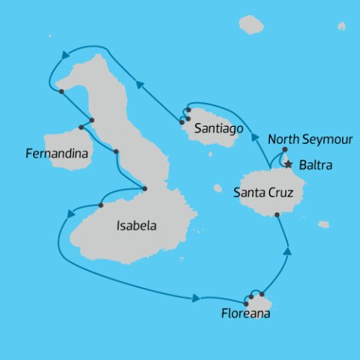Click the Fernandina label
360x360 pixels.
[57, 154]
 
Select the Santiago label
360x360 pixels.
[217, 129]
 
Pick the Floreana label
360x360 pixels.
[245, 314]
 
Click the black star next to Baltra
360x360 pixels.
[289, 163]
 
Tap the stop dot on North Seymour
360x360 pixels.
[285, 149]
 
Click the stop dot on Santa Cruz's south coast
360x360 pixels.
[277, 215]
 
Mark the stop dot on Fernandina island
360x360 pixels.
[81, 127]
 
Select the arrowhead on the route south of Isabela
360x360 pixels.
[196, 298]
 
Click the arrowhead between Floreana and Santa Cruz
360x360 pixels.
[287, 251]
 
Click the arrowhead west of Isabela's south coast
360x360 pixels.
[70, 213]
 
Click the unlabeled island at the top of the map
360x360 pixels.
[251, 25]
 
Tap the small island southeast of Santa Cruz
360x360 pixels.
[323, 224]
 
